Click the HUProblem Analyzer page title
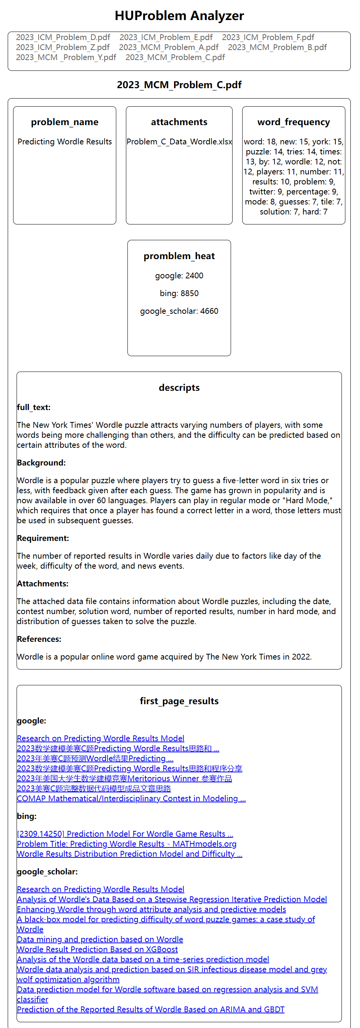pyautogui.click(x=179, y=15)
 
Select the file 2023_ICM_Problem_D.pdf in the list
pyautogui.click(x=63, y=37)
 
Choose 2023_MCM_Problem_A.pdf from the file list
pyautogui.click(x=168, y=47)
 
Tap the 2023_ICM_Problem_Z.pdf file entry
pyautogui.click(x=63, y=47)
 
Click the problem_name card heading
pyautogui.click(x=65, y=122)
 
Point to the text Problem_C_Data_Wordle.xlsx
pyautogui.click(x=179, y=142)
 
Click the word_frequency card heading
pyautogui.click(x=293, y=122)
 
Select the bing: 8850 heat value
pyautogui.click(x=179, y=293)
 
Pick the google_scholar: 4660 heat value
pyautogui.click(x=179, y=311)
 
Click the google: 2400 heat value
pyautogui.click(x=179, y=276)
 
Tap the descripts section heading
pyautogui.click(x=179, y=387)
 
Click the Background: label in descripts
pyautogui.click(x=41, y=463)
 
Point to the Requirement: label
pyautogui.click(x=43, y=538)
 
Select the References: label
pyautogui.click(x=39, y=639)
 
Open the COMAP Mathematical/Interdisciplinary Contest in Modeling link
pyautogui.click(x=131, y=799)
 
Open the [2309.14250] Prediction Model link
pyautogui.click(x=125, y=834)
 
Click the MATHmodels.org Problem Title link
pyautogui.click(x=127, y=844)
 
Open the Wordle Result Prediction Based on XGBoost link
pyautogui.click(x=97, y=949)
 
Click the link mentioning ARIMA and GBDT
pyautogui.click(x=151, y=1009)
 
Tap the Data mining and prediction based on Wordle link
pyautogui.click(x=100, y=939)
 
